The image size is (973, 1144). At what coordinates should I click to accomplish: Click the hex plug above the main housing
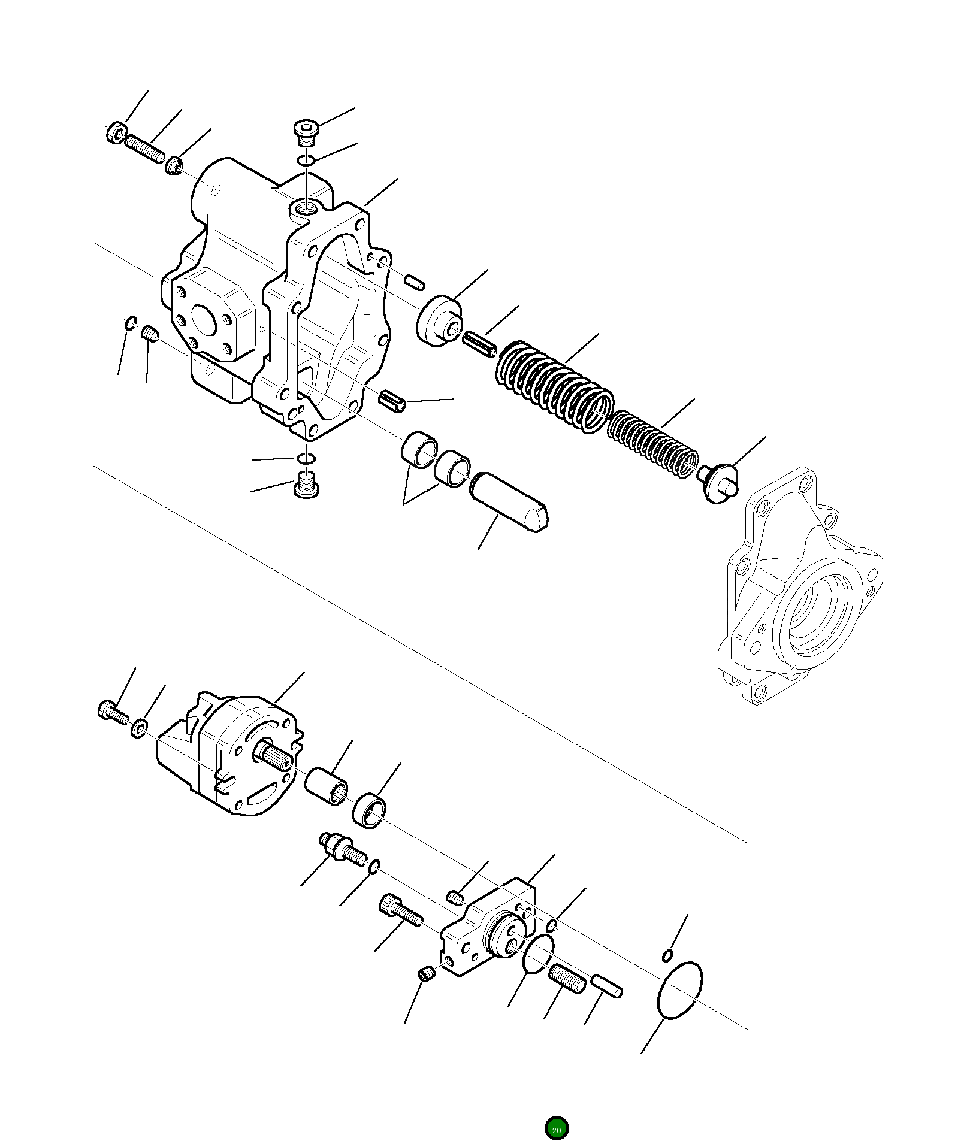point(306,131)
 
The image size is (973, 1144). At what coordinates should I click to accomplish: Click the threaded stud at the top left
point(144,148)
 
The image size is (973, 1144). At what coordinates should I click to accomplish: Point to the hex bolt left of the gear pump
point(112,712)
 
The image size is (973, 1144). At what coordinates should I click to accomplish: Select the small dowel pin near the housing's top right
point(415,282)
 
